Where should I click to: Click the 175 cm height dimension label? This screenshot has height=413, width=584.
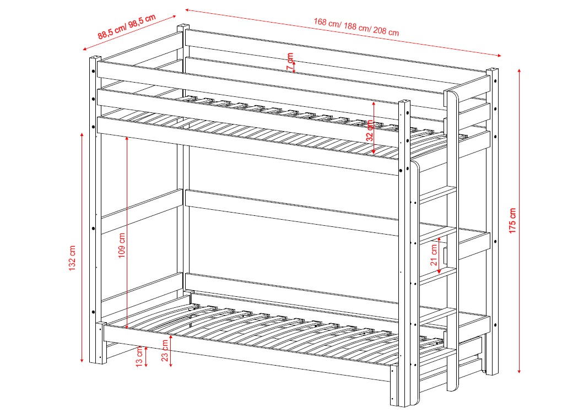click(x=512, y=221)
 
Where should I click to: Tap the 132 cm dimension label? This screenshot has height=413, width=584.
click(x=72, y=258)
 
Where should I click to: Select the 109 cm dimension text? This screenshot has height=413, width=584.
click(x=122, y=246)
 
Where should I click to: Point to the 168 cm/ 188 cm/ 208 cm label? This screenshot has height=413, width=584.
click(x=356, y=27)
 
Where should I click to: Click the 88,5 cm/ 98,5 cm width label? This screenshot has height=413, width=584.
click(x=127, y=26)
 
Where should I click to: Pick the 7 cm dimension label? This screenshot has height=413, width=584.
click(x=290, y=62)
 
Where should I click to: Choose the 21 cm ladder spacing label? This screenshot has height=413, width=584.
click(x=434, y=255)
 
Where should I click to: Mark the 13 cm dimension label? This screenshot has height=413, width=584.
click(x=139, y=356)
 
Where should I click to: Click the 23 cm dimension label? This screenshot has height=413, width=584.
click(x=165, y=351)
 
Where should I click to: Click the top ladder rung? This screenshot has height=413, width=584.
click(x=438, y=194)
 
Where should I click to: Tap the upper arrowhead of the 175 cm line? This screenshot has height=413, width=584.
click(x=519, y=70)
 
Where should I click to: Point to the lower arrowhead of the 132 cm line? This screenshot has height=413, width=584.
click(x=82, y=360)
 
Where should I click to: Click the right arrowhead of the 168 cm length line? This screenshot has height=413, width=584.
click(x=499, y=56)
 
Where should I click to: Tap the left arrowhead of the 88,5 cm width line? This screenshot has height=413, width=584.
click(x=85, y=48)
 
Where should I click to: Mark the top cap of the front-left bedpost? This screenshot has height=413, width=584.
click(x=95, y=58)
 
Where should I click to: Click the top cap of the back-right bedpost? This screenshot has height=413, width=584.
click(x=492, y=69)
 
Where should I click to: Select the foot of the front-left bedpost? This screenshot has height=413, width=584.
click(x=95, y=361)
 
